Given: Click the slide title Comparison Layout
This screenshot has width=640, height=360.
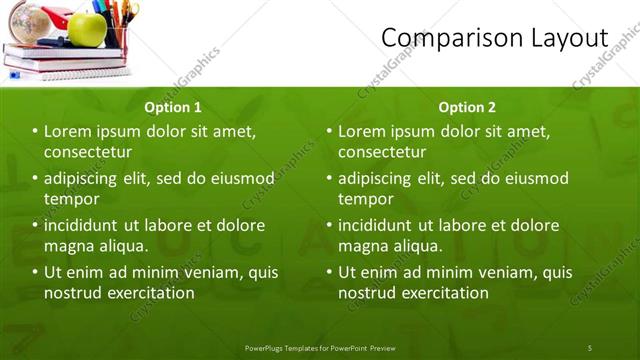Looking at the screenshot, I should coord(495,37).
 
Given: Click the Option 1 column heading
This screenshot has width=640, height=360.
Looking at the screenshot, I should coord(173,107).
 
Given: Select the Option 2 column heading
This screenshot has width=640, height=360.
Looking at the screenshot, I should coord(467,107).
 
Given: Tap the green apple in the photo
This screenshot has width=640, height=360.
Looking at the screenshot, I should coord(88,28).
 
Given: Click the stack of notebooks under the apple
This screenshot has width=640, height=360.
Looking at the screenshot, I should coord(70,64).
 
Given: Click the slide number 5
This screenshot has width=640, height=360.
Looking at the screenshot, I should coord(589,347).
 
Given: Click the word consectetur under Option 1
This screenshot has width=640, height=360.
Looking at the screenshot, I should coord(88,152).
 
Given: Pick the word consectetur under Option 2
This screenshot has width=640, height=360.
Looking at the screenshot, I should coord(382,152).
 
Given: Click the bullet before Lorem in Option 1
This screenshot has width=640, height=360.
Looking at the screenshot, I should coord(35,132).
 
